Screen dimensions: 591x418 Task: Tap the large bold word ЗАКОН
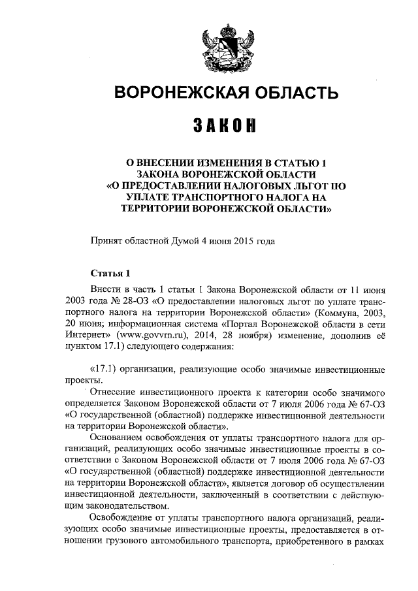click(x=226, y=125)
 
